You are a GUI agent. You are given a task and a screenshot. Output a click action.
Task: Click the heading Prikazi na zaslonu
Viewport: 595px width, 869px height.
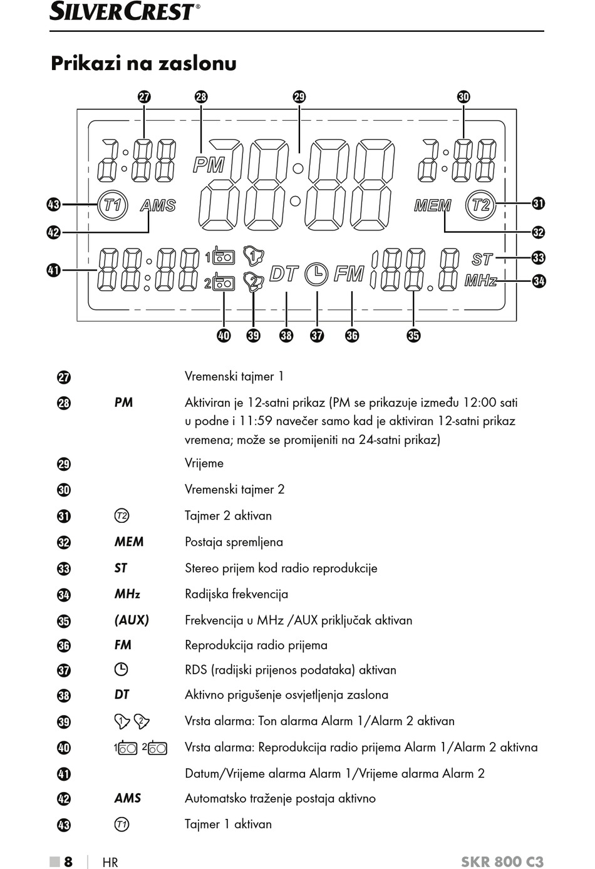tap(143, 63)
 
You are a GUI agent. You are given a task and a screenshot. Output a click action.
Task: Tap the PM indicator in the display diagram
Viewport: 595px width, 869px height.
tap(209, 165)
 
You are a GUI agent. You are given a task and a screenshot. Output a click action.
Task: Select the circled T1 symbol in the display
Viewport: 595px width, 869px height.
tap(112, 205)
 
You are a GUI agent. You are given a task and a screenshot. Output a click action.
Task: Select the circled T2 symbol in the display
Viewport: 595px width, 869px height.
tap(480, 205)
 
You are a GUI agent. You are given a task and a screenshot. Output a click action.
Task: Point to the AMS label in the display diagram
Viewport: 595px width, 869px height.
tap(158, 205)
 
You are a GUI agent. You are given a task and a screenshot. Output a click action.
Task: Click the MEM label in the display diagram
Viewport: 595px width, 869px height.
tap(433, 205)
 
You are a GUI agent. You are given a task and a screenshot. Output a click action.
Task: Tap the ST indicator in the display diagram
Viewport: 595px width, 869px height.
tap(482, 259)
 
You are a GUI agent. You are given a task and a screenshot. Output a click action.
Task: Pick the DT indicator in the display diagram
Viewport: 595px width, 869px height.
tap(284, 274)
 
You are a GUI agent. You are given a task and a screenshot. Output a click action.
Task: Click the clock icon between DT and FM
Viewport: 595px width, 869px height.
tap(316, 274)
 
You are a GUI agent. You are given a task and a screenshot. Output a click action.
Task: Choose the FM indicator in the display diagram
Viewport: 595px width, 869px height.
tap(349, 274)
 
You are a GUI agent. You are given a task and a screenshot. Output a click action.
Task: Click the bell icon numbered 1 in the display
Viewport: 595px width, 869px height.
tap(254, 255)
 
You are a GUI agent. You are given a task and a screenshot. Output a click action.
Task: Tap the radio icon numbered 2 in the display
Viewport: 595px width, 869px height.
tap(220, 284)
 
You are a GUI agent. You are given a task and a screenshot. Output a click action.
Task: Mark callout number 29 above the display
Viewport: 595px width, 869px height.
tap(299, 96)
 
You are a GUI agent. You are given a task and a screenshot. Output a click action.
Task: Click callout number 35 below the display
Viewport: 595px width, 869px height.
tap(414, 335)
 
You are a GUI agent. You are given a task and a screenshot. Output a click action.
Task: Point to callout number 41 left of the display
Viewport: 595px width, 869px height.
tap(54, 270)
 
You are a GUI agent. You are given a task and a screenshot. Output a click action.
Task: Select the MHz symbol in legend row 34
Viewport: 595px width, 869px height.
tap(127, 594)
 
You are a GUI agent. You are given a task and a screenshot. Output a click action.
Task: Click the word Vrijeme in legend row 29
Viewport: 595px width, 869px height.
tap(204, 463)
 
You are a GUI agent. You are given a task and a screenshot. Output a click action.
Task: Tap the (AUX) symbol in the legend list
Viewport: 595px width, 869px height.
tap(132, 620)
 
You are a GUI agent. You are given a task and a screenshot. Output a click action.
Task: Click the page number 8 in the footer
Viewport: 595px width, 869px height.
tap(68, 861)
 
